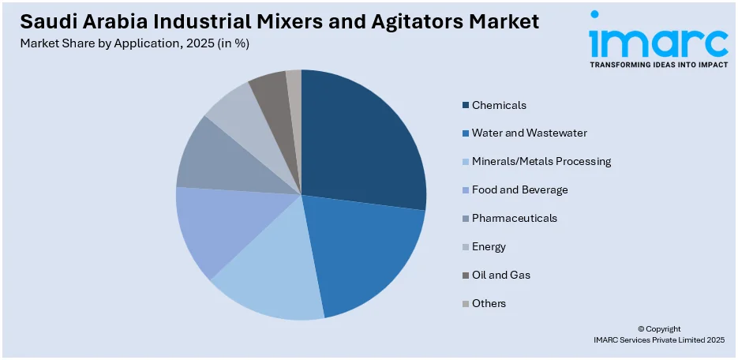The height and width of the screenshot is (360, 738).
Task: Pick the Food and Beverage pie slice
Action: [x=213, y=229]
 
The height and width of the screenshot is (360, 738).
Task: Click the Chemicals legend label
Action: [x=499, y=105]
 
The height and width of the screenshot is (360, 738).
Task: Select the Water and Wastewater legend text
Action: [x=529, y=133]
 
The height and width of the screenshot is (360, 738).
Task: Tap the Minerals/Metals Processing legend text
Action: [x=541, y=162]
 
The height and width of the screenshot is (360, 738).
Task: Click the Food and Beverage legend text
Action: [x=519, y=190]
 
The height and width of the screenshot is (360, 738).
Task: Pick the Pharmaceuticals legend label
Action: [x=514, y=218]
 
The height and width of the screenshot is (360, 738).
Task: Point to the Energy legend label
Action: [x=489, y=246]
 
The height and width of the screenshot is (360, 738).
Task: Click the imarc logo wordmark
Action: [x=658, y=39]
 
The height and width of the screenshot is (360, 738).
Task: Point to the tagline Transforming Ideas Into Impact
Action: [x=658, y=65]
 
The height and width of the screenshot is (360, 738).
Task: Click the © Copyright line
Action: [x=659, y=328]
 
